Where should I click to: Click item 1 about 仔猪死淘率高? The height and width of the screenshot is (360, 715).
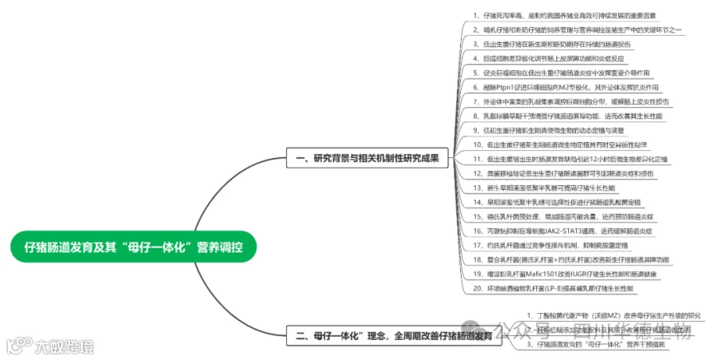[x=564, y=15]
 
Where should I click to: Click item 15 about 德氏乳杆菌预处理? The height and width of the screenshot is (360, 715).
[x=568, y=216]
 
